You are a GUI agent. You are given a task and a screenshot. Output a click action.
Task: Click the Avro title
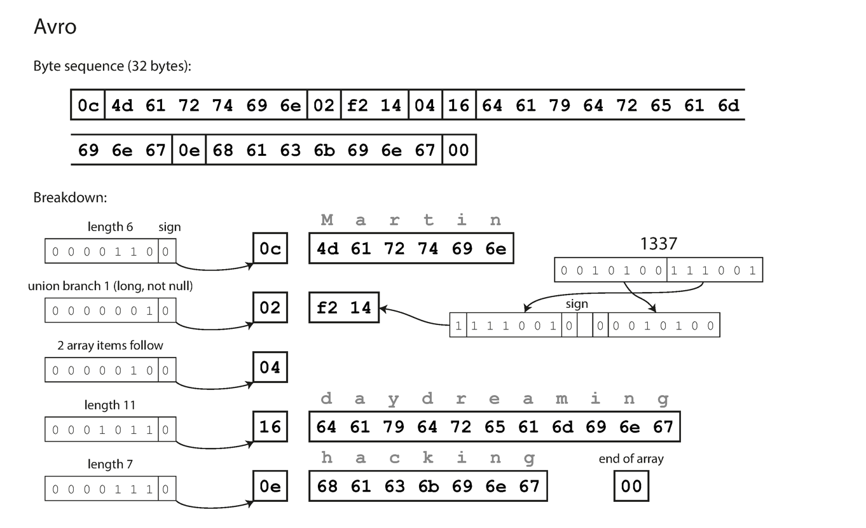pos(55,27)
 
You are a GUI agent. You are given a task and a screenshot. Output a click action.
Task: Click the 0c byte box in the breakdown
pos(270,249)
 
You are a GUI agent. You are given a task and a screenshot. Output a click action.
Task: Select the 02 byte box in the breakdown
pos(270,308)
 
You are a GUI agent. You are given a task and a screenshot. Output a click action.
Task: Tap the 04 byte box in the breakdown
pos(270,367)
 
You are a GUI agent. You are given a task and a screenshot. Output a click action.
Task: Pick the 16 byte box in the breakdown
pos(270,426)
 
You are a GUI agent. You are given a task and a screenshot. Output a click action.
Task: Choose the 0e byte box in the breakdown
pos(270,486)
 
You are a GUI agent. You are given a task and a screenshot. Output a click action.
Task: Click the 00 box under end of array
pos(631,486)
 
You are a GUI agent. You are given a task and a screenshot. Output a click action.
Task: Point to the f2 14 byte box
pos(343,308)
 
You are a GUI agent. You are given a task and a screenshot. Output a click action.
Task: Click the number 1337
pos(658,243)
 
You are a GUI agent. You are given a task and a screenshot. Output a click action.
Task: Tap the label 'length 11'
pos(110,405)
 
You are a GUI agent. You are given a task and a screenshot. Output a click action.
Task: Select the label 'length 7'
pos(110,465)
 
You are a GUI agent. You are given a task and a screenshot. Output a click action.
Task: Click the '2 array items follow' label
pos(110,345)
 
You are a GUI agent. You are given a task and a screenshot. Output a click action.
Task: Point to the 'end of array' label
pos(631,459)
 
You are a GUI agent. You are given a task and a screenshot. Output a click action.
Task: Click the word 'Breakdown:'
pos(70,197)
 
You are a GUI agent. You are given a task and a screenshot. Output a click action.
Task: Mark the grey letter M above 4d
pos(327,221)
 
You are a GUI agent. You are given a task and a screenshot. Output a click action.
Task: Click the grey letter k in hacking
pos(429,458)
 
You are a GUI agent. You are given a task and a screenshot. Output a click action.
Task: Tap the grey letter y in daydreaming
pos(394,399)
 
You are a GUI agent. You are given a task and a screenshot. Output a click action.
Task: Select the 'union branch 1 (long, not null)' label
pos(110,286)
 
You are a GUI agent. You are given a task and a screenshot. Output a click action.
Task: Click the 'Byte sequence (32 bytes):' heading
pos(112,66)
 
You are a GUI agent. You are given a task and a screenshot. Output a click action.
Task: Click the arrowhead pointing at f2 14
pos(383,309)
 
